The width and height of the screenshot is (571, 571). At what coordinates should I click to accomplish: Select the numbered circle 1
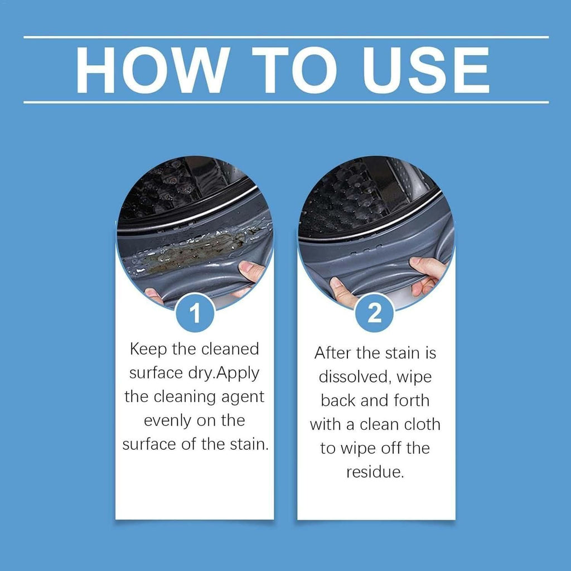pyautogui.click(x=195, y=313)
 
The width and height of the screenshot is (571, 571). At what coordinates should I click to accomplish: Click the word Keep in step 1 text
pyautogui.click(x=148, y=350)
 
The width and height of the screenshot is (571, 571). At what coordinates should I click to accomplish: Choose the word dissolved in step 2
pyautogui.click(x=353, y=376)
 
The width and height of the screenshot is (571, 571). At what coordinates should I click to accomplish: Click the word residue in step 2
pyautogui.click(x=374, y=472)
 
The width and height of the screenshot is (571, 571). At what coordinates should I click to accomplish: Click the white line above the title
pyautogui.click(x=285, y=37)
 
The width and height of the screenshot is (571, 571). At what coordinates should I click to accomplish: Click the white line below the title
pyautogui.click(x=285, y=102)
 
